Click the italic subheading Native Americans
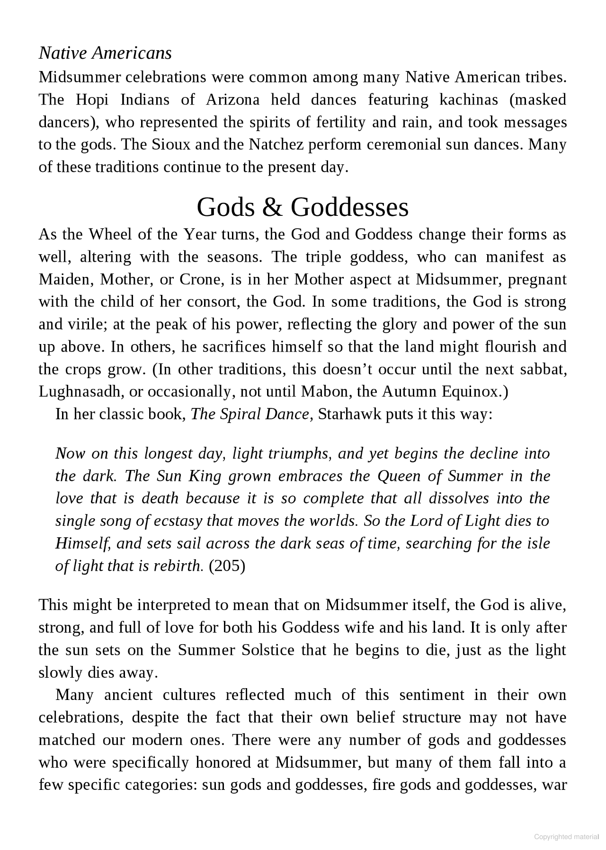[x=105, y=53]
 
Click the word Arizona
[x=232, y=100]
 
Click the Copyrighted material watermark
[x=566, y=837]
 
